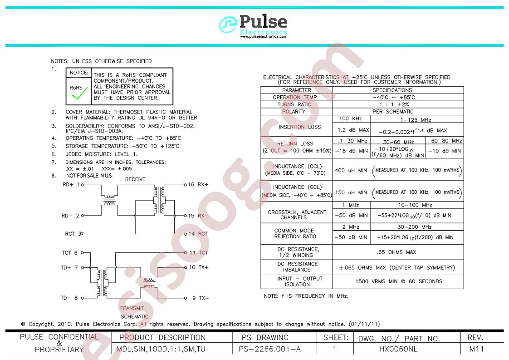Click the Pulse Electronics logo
(253, 26)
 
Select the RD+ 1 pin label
(71, 185)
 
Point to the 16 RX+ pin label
(198, 185)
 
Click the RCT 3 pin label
(73, 234)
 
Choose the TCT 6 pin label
(70, 252)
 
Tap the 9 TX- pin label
(201, 298)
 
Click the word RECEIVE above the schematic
(135, 179)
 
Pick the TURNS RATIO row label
(294, 104)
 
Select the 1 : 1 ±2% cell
(394, 104)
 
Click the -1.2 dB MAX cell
(352, 130)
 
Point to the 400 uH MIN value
(351, 170)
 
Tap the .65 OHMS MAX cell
(396, 252)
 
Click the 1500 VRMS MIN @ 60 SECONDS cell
(399, 281)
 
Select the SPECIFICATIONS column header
(392, 90)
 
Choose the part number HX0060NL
(398, 349)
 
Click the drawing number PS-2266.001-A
(270, 349)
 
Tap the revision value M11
(476, 349)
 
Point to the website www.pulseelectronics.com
(264, 37)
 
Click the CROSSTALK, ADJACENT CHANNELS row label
(297, 215)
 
